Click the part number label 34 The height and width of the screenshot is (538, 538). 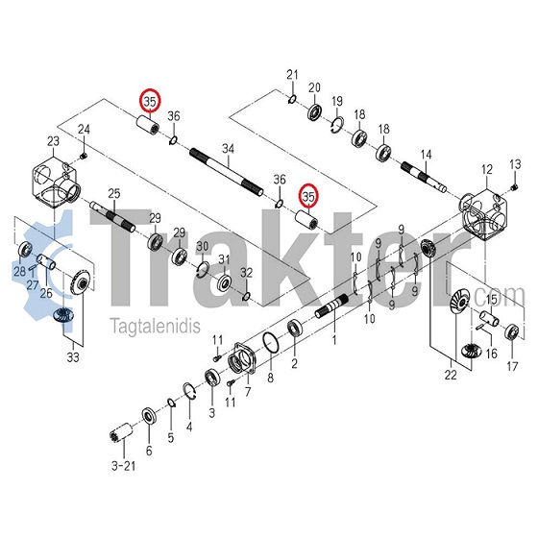click(228, 149)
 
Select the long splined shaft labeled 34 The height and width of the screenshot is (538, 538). click(227, 172)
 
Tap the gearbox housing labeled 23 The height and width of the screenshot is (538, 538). click(56, 183)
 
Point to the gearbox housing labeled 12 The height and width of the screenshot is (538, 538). click(484, 214)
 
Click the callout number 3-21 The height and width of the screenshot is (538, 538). click(124, 466)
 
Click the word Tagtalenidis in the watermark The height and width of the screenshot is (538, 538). click(155, 326)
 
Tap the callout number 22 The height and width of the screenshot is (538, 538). click(451, 375)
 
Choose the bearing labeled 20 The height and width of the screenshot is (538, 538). click(315, 110)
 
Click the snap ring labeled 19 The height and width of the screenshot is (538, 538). click(338, 124)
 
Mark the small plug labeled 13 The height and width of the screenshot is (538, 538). click(514, 187)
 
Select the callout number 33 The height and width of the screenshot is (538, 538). click(73, 357)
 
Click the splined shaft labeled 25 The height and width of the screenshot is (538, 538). click(112, 217)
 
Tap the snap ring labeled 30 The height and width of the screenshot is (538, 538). click(203, 269)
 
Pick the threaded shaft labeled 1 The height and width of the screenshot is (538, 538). click(332, 306)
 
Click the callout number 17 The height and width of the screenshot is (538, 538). click(512, 366)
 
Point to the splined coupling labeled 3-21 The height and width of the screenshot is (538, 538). click(122, 432)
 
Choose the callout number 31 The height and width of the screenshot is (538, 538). click(224, 259)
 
